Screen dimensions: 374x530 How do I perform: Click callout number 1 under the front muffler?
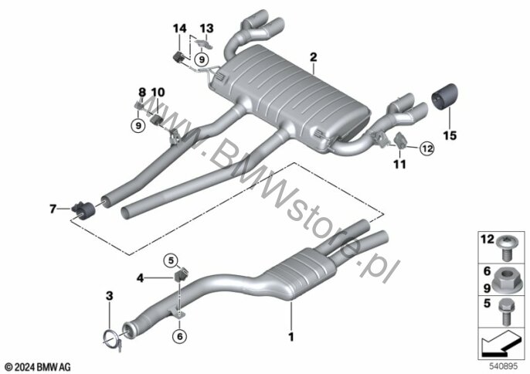pyautogui.click(x=290, y=336)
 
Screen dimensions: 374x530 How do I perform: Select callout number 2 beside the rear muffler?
pyautogui.click(x=314, y=56)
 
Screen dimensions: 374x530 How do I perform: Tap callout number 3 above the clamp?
pyautogui.click(x=109, y=296)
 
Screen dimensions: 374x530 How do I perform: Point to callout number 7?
pyautogui.click(x=53, y=208)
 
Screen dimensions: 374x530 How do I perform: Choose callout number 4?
pyautogui.click(x=141, y=276)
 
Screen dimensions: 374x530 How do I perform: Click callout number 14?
pyautogui.click(x=179, y=29)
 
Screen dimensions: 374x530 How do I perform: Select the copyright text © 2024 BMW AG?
pyautogui.click(x=37, y=365)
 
